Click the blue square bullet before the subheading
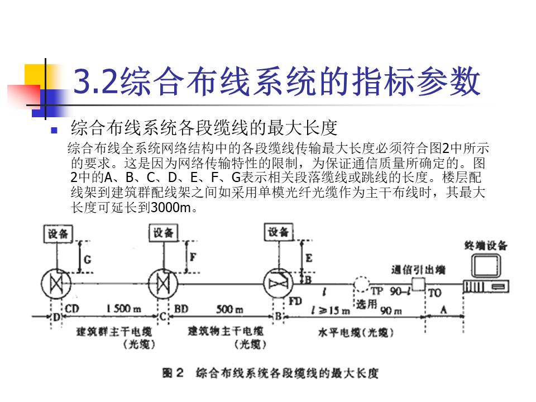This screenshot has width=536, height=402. (54, 131)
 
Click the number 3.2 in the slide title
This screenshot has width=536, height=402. (95, 82)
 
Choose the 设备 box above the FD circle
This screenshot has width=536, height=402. (279, 232)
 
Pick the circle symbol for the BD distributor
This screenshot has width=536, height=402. (163, 284)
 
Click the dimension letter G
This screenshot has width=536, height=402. (87, 259)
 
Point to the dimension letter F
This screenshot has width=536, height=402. (193, 257)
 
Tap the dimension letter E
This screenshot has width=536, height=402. (309, 258)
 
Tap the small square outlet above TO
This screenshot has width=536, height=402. (417, 282)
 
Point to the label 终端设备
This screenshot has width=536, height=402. (486, 245)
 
